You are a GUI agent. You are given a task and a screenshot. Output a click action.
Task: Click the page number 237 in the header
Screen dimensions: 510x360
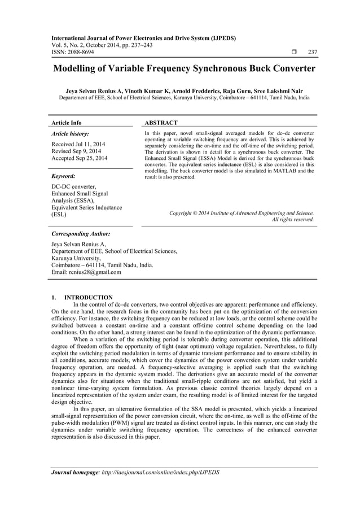(x=312, y=53)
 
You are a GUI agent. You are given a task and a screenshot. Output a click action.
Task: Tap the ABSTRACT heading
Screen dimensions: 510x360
(x=161, y=123)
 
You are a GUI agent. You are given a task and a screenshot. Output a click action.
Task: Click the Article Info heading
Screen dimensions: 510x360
(x=67, y=123)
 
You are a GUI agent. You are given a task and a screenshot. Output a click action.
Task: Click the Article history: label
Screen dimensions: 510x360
(x=69, y=134)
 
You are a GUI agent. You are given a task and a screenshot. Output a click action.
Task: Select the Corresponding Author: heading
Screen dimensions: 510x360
(x=81, y=233)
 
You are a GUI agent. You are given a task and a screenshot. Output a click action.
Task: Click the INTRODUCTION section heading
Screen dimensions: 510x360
(x=89, y=298)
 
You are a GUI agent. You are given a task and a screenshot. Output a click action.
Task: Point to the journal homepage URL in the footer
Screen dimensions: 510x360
(x=159, y=472)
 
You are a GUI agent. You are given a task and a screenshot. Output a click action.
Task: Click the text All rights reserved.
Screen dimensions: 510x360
(x=293, y=219)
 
